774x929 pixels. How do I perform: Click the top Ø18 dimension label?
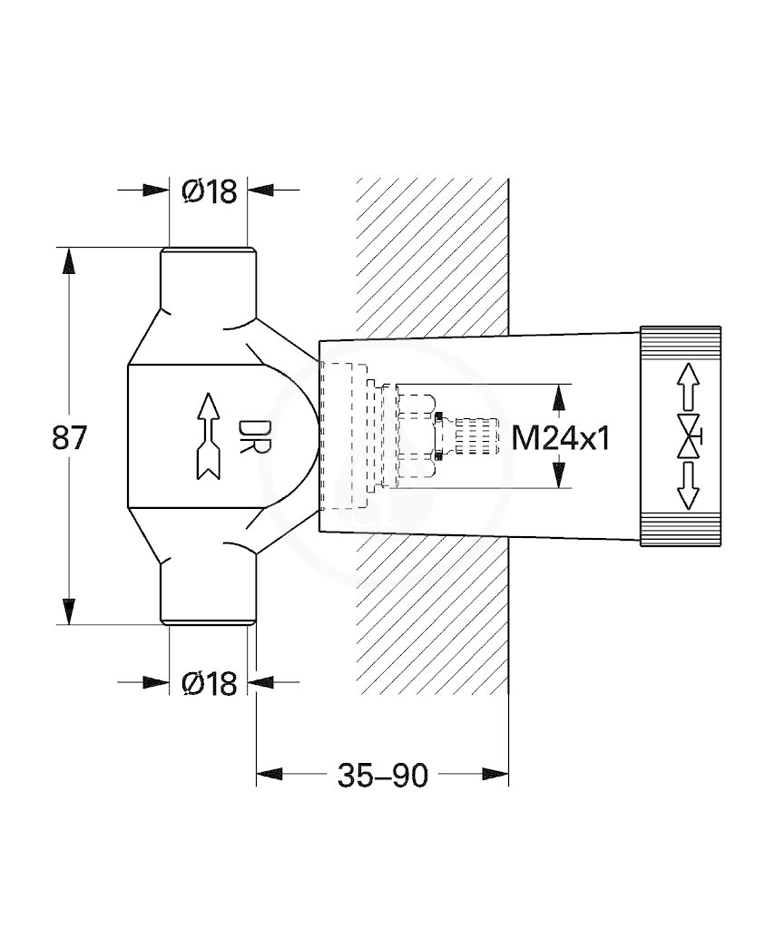click(x=210, y=191)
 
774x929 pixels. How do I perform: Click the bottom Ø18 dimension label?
click(x=210, y=683)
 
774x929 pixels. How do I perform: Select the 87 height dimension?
click(x=69, y=437)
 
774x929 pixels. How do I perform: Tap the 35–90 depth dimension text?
click(x=382, y=775)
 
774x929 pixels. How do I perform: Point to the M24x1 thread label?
click(x=560, y=438)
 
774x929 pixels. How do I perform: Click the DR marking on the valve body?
click(x=247, y=437)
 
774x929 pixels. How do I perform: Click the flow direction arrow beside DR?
click(x=208, y=435)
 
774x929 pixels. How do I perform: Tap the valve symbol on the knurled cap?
click(x=689, y=437)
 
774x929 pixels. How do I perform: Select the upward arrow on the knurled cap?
click(x=688, y=386)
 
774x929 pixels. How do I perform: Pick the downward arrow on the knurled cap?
click(x=688, y=486)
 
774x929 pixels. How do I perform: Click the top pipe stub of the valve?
click(x=209, y=279)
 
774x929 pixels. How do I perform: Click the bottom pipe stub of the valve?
click(x=209, y=592)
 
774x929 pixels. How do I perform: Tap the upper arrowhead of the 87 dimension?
click(x=69, y=260)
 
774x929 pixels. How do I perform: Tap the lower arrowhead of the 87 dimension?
click(x=69, y=611)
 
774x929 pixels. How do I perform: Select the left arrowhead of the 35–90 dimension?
click(x=269, y=774)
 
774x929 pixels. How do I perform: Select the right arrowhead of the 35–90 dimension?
click(x=495, y=774)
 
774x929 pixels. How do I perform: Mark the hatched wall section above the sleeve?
click(x=432, y=259)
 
